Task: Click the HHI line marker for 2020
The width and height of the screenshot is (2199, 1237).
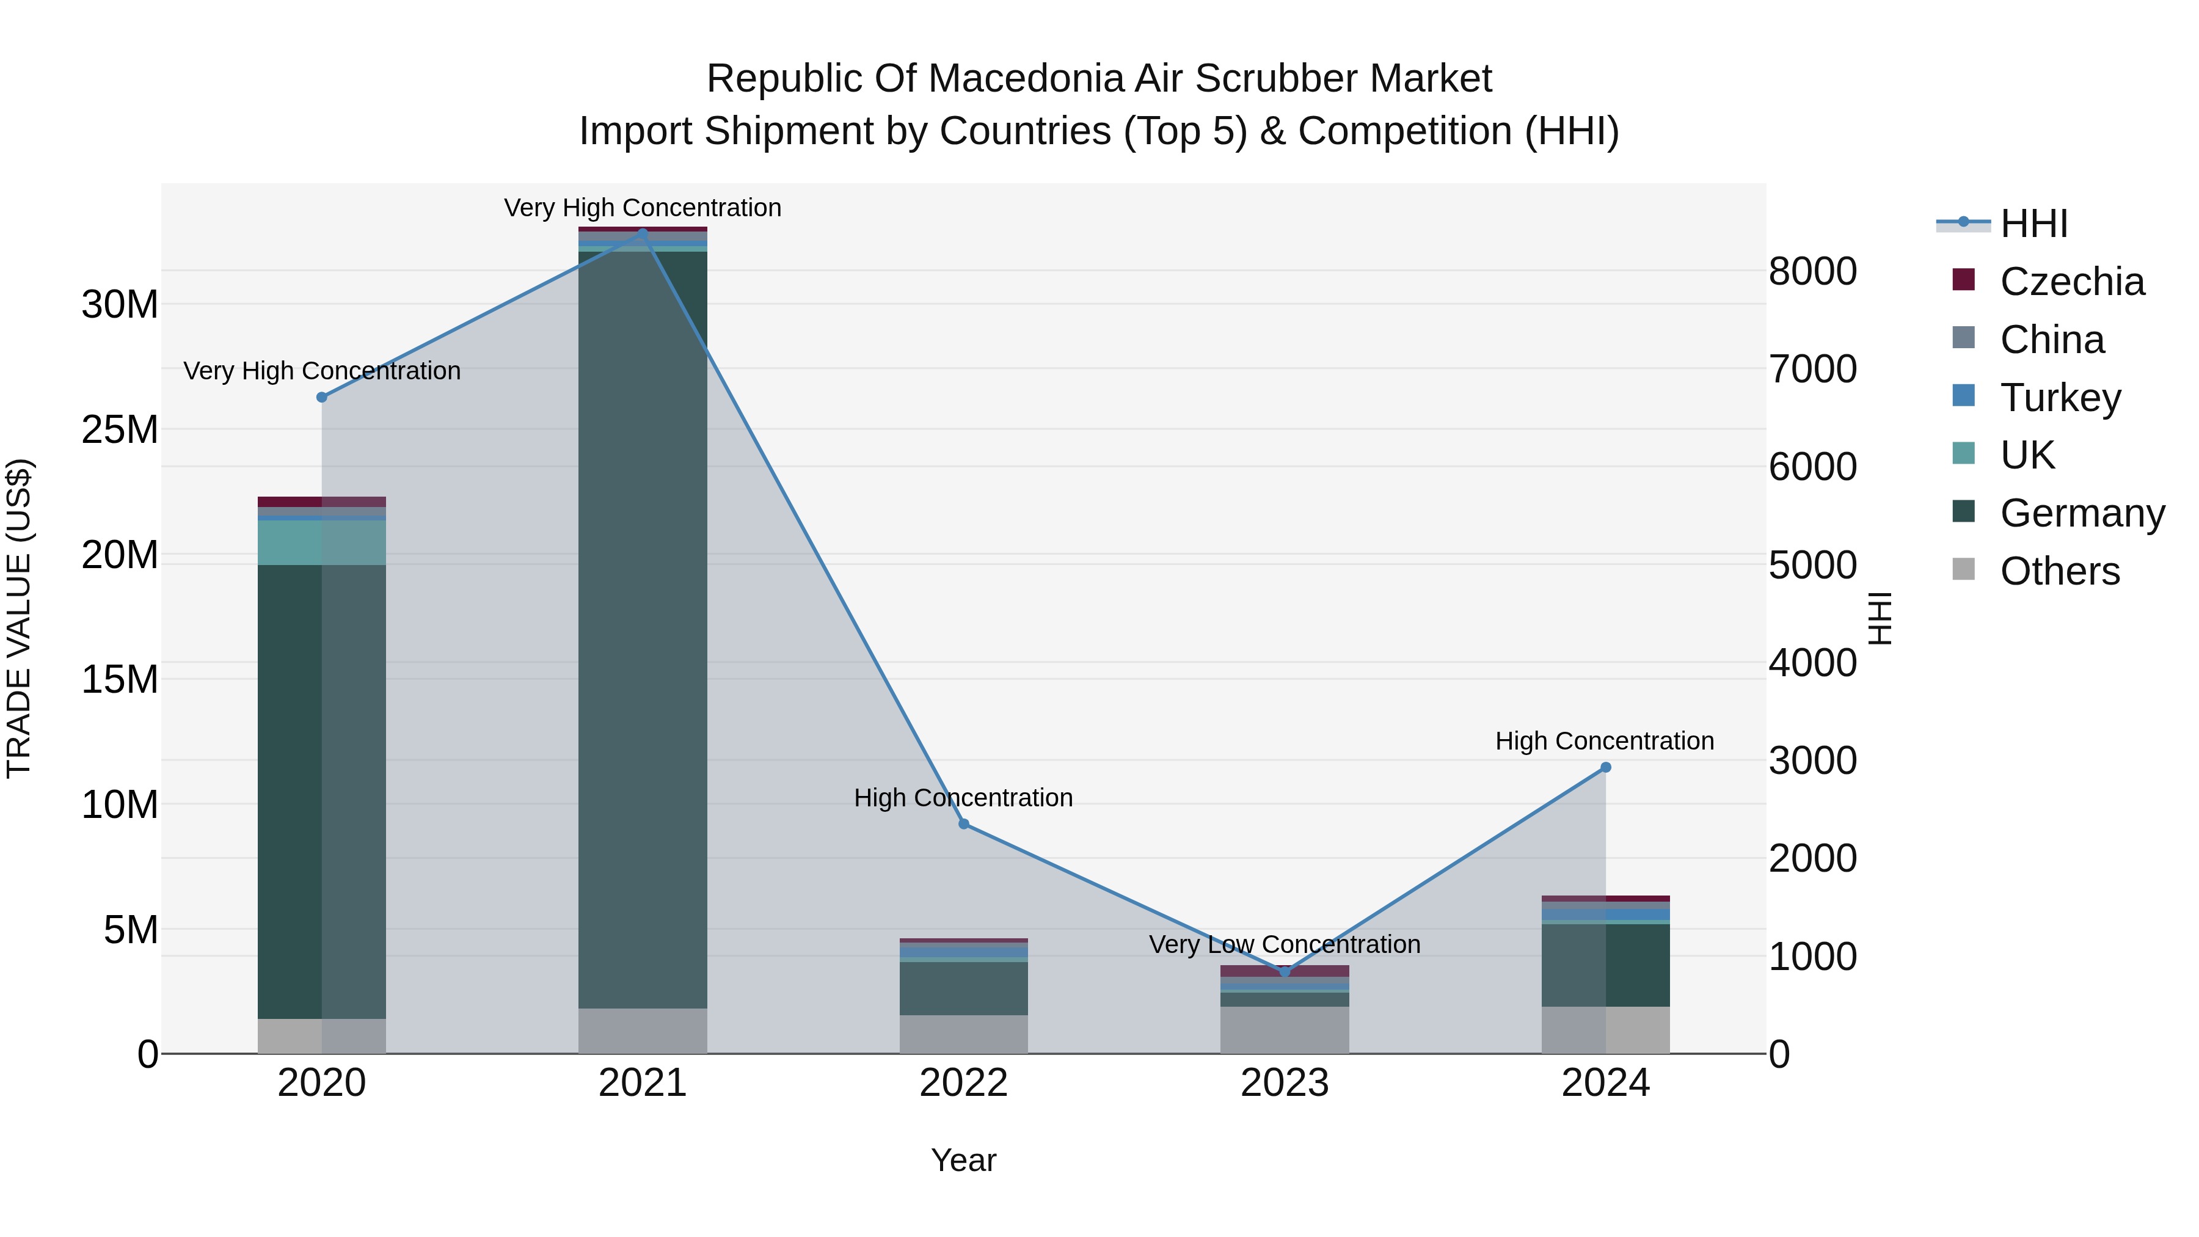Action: tap(322, 397)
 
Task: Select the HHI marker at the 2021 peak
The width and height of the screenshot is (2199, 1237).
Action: tap(643, 233)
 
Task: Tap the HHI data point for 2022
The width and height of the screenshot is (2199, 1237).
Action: tap(964, 824)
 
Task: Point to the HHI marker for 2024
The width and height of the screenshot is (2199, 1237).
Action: tap(1606, 767)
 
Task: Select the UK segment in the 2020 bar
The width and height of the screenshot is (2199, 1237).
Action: tap(322, 542)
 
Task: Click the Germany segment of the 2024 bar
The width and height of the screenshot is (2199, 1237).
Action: tap(1606, 965)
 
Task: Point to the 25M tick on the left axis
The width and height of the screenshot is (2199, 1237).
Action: tap(120, 429)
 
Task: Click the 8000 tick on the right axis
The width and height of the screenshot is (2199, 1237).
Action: tap(1812, 271)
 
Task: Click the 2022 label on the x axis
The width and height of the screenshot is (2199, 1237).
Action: tap(964, 1083)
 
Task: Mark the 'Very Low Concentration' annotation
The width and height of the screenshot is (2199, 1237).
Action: tap(1285, 944)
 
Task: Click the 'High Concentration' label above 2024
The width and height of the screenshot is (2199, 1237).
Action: tap(1605, 741)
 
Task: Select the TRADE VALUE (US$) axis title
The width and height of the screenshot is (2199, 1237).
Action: tap(19, 618)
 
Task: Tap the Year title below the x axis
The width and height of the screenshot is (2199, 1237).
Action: tap(964, 1160)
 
